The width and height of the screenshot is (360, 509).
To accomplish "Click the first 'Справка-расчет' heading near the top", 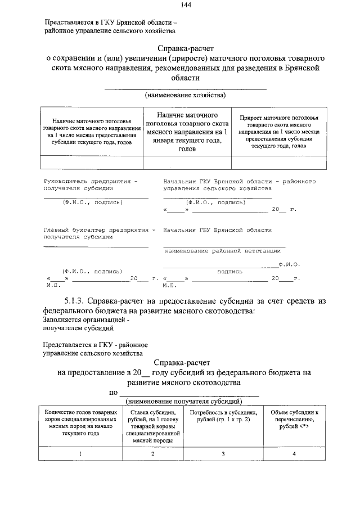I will pos(186,48).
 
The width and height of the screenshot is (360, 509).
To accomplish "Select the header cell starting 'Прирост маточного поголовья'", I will pos(279,131).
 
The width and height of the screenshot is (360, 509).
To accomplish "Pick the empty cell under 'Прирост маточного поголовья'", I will pos(279,162).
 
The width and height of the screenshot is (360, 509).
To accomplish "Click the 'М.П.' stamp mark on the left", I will pos(53,285).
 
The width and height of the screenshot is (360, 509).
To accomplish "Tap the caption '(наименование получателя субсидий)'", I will pos(184,402).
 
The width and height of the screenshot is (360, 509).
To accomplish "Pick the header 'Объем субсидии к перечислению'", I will pos(294,420).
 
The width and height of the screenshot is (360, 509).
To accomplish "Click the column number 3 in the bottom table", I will pos(223,453).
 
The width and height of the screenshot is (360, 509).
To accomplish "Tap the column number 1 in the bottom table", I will pos(80,453).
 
